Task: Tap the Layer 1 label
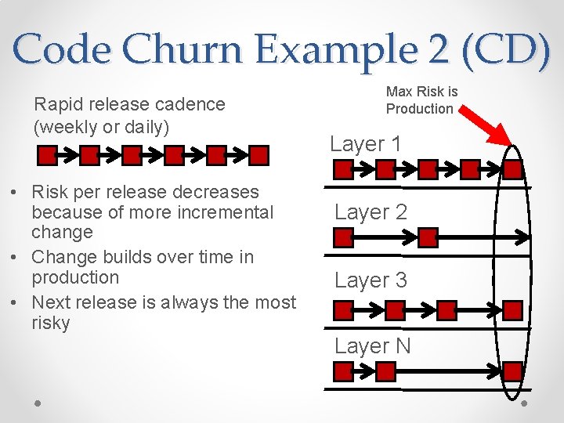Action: click(x=366, y=144)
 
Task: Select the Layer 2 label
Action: click(x=371, y=212)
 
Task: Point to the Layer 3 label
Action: click(x=371, y=280)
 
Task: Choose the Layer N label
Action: click(x=372, y=346)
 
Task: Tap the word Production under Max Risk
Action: click(x=420, y=109)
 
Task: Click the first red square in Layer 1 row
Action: click(x=343, y=169)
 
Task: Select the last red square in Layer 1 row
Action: click(x=513, y=169)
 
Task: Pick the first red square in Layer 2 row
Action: click(x=343, y=237)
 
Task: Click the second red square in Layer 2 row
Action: click(x=428, y=237)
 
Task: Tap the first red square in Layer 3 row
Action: click(x=343, y=310)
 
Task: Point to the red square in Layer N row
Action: click(x=512, y=371)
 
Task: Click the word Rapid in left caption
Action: click(x=59, y=104)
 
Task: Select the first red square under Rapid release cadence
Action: click(x=48, y=155)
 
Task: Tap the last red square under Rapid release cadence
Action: click(x=259, y=155)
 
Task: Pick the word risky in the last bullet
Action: click(x=51, y=323)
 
